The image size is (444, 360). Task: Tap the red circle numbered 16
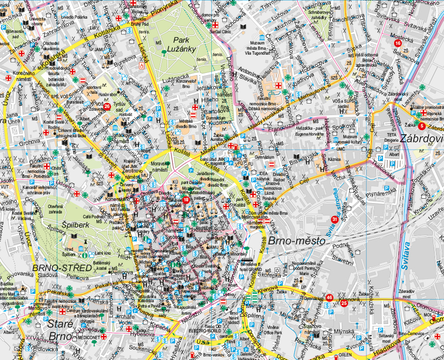pos(397,43)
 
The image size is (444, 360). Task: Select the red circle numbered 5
pos(422,126)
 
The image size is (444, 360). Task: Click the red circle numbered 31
pos(334,219)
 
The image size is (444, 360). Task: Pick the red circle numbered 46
pos(329,297)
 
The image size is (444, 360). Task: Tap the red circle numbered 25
pos(344,303)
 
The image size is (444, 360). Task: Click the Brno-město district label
pos(297,240)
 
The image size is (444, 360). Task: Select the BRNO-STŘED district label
pos(55,268)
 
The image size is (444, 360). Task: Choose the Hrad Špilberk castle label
pos(69,252)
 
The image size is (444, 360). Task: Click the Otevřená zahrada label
pos(55,208)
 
